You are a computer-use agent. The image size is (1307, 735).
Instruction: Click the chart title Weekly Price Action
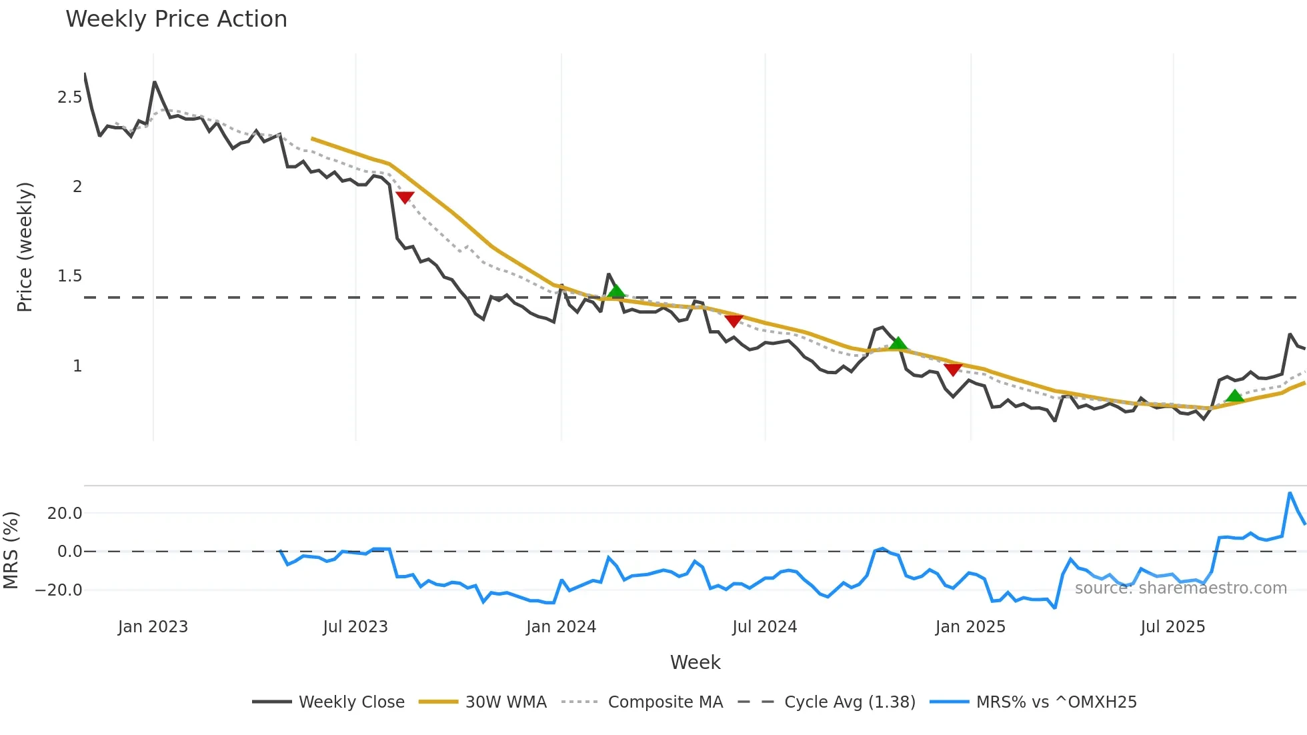point(176,19)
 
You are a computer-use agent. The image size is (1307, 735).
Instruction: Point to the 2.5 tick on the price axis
point(70,97)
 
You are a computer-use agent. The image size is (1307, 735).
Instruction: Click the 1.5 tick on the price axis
point(70,276)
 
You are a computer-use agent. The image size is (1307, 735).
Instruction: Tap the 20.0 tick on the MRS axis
point(65,514)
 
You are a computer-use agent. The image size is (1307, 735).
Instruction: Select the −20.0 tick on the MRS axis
point(59,590)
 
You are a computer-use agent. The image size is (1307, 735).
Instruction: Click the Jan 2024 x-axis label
point(561,627)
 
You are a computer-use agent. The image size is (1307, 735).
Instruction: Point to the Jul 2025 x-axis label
point(1172,627)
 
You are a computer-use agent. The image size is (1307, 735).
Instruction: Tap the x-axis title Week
point(695,662)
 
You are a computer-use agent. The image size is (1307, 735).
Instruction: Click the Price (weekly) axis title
point(25,247)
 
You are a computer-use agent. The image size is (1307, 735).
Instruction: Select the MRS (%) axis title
point(11,550)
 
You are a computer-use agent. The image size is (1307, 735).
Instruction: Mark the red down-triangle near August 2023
point(405,197)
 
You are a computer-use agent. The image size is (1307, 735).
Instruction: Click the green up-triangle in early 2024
point(616,291)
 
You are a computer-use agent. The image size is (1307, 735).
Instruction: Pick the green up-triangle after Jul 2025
point(1234,396)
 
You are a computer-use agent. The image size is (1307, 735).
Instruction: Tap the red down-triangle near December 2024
point(953,369)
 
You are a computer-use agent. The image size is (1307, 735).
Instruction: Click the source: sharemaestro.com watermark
point(1180,588)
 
